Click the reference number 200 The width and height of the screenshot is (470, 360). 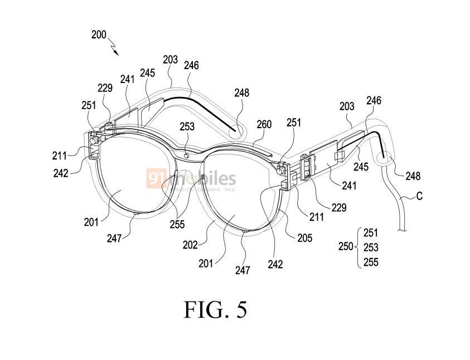99,35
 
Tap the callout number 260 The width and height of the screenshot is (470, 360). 264,124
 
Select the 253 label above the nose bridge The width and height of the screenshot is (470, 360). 187,127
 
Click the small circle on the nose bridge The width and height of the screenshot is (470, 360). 187,155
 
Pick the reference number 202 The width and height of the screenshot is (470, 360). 190,245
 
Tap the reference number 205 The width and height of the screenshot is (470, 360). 305,238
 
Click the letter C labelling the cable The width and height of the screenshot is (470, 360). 419,196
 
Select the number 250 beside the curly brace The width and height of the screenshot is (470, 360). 346,246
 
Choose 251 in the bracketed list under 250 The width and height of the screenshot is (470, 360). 371,233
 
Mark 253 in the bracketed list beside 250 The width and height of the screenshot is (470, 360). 371,247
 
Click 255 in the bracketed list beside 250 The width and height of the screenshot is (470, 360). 371,262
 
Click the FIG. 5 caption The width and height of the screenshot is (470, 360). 216,310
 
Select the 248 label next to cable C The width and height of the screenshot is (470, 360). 413,176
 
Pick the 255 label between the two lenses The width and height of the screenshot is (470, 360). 177,224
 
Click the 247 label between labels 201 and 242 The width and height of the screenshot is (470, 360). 243,270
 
